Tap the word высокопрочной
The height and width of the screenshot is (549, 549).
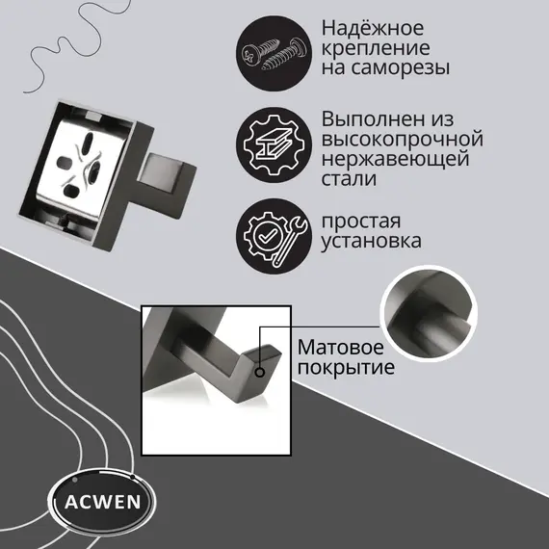tap(402, 139)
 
